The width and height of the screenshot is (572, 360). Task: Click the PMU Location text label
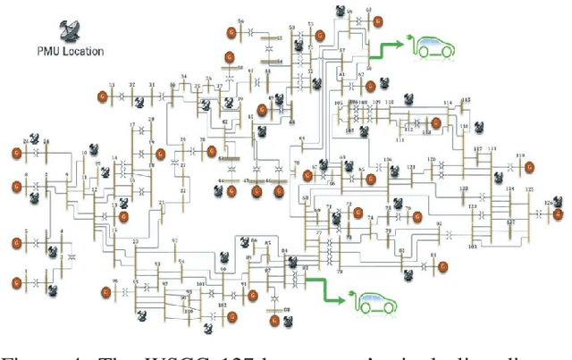click(70, 51)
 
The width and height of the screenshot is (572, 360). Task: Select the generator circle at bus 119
click(529, 166)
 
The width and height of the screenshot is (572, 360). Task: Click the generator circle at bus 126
click(559, 214)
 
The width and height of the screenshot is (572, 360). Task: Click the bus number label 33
click(112, 86)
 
